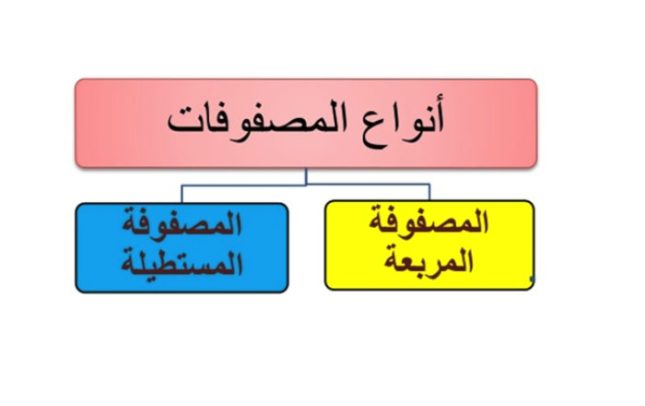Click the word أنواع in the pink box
[403, 123]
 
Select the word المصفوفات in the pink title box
[257, 123]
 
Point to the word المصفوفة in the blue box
[182, 223]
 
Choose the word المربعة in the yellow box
[428, 260]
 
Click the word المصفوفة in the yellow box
[428, 221]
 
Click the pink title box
[306, 123]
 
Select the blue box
[182, 248]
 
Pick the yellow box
[429, 245]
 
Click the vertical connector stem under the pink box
[306, 176]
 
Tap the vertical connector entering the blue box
[182, 195]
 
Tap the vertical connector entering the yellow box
[429, 192]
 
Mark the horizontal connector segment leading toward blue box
[244, 185]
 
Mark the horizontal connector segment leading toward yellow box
[368, 184]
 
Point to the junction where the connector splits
[306, 185]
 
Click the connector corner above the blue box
[182, 185]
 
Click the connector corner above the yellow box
[429, 184]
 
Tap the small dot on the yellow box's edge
[533, 279]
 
